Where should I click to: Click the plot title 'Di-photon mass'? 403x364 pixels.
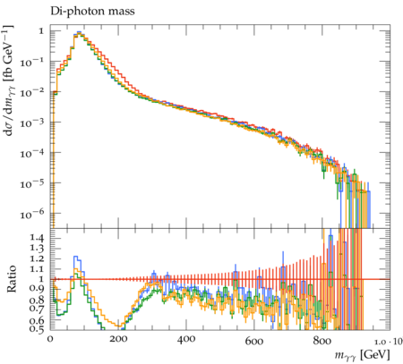pyautogui.click(x=92, y=12)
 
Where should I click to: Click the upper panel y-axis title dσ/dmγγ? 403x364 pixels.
pyautogui.click(x=10, y=80)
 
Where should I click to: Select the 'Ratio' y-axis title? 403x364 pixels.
pyautogui.click(x=12, y=279)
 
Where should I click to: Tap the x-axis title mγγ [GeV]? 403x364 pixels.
pyautogui.click(x=362, y=355)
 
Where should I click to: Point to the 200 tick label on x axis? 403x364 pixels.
pyautogui.click(x=118, y=339)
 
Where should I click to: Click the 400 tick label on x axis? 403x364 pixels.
pyautogui.click(x=186, y=339)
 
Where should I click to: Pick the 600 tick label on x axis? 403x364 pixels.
pyautogui.click(x=254, y=340)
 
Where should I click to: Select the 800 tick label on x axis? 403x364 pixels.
pyautogui.click(x=322, y=340)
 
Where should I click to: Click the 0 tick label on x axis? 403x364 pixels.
pyautogui.click(x=50, y=339)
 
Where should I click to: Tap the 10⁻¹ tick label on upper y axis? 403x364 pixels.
pyautogui.click(x=32, y=62)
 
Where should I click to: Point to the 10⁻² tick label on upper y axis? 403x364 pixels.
pyautogui.click(x=32, y=92)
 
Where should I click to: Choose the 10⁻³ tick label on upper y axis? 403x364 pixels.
pyautogui.click(x=32, y=123)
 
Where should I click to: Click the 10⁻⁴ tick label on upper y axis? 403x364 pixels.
pyautogui.click(x=32, y=153)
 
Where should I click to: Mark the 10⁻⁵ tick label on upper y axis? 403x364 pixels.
pyautogui.click(x=32, y=183)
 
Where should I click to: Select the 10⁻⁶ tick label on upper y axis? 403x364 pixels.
pyautogui.click(x=32, y=214)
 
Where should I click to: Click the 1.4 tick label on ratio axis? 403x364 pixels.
pyautogui.click(x=37, y=238)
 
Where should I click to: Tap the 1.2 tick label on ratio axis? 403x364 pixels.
pyautogui.click(x=37, y=258)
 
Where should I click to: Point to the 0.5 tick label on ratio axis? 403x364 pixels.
pyautogui.click(x=37, y=328)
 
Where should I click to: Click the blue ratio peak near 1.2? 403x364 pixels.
pyautogui.click(x=76, y=257)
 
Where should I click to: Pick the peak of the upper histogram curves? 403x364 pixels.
pyautogui.click(x=79, y=32)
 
